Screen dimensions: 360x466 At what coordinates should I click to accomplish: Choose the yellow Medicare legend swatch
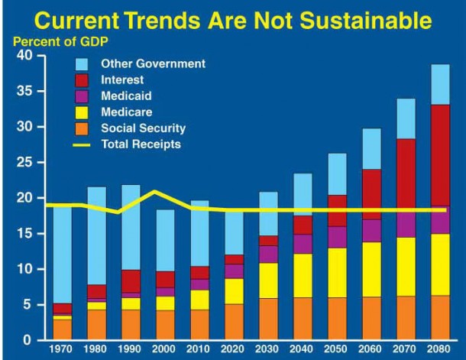pyautogui.click(x=85, y=112)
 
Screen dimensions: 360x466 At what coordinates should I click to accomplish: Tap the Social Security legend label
pyautogui.click(x=143, y=128)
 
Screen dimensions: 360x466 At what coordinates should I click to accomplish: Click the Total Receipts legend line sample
pyautogui.click(x=85, y=143)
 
